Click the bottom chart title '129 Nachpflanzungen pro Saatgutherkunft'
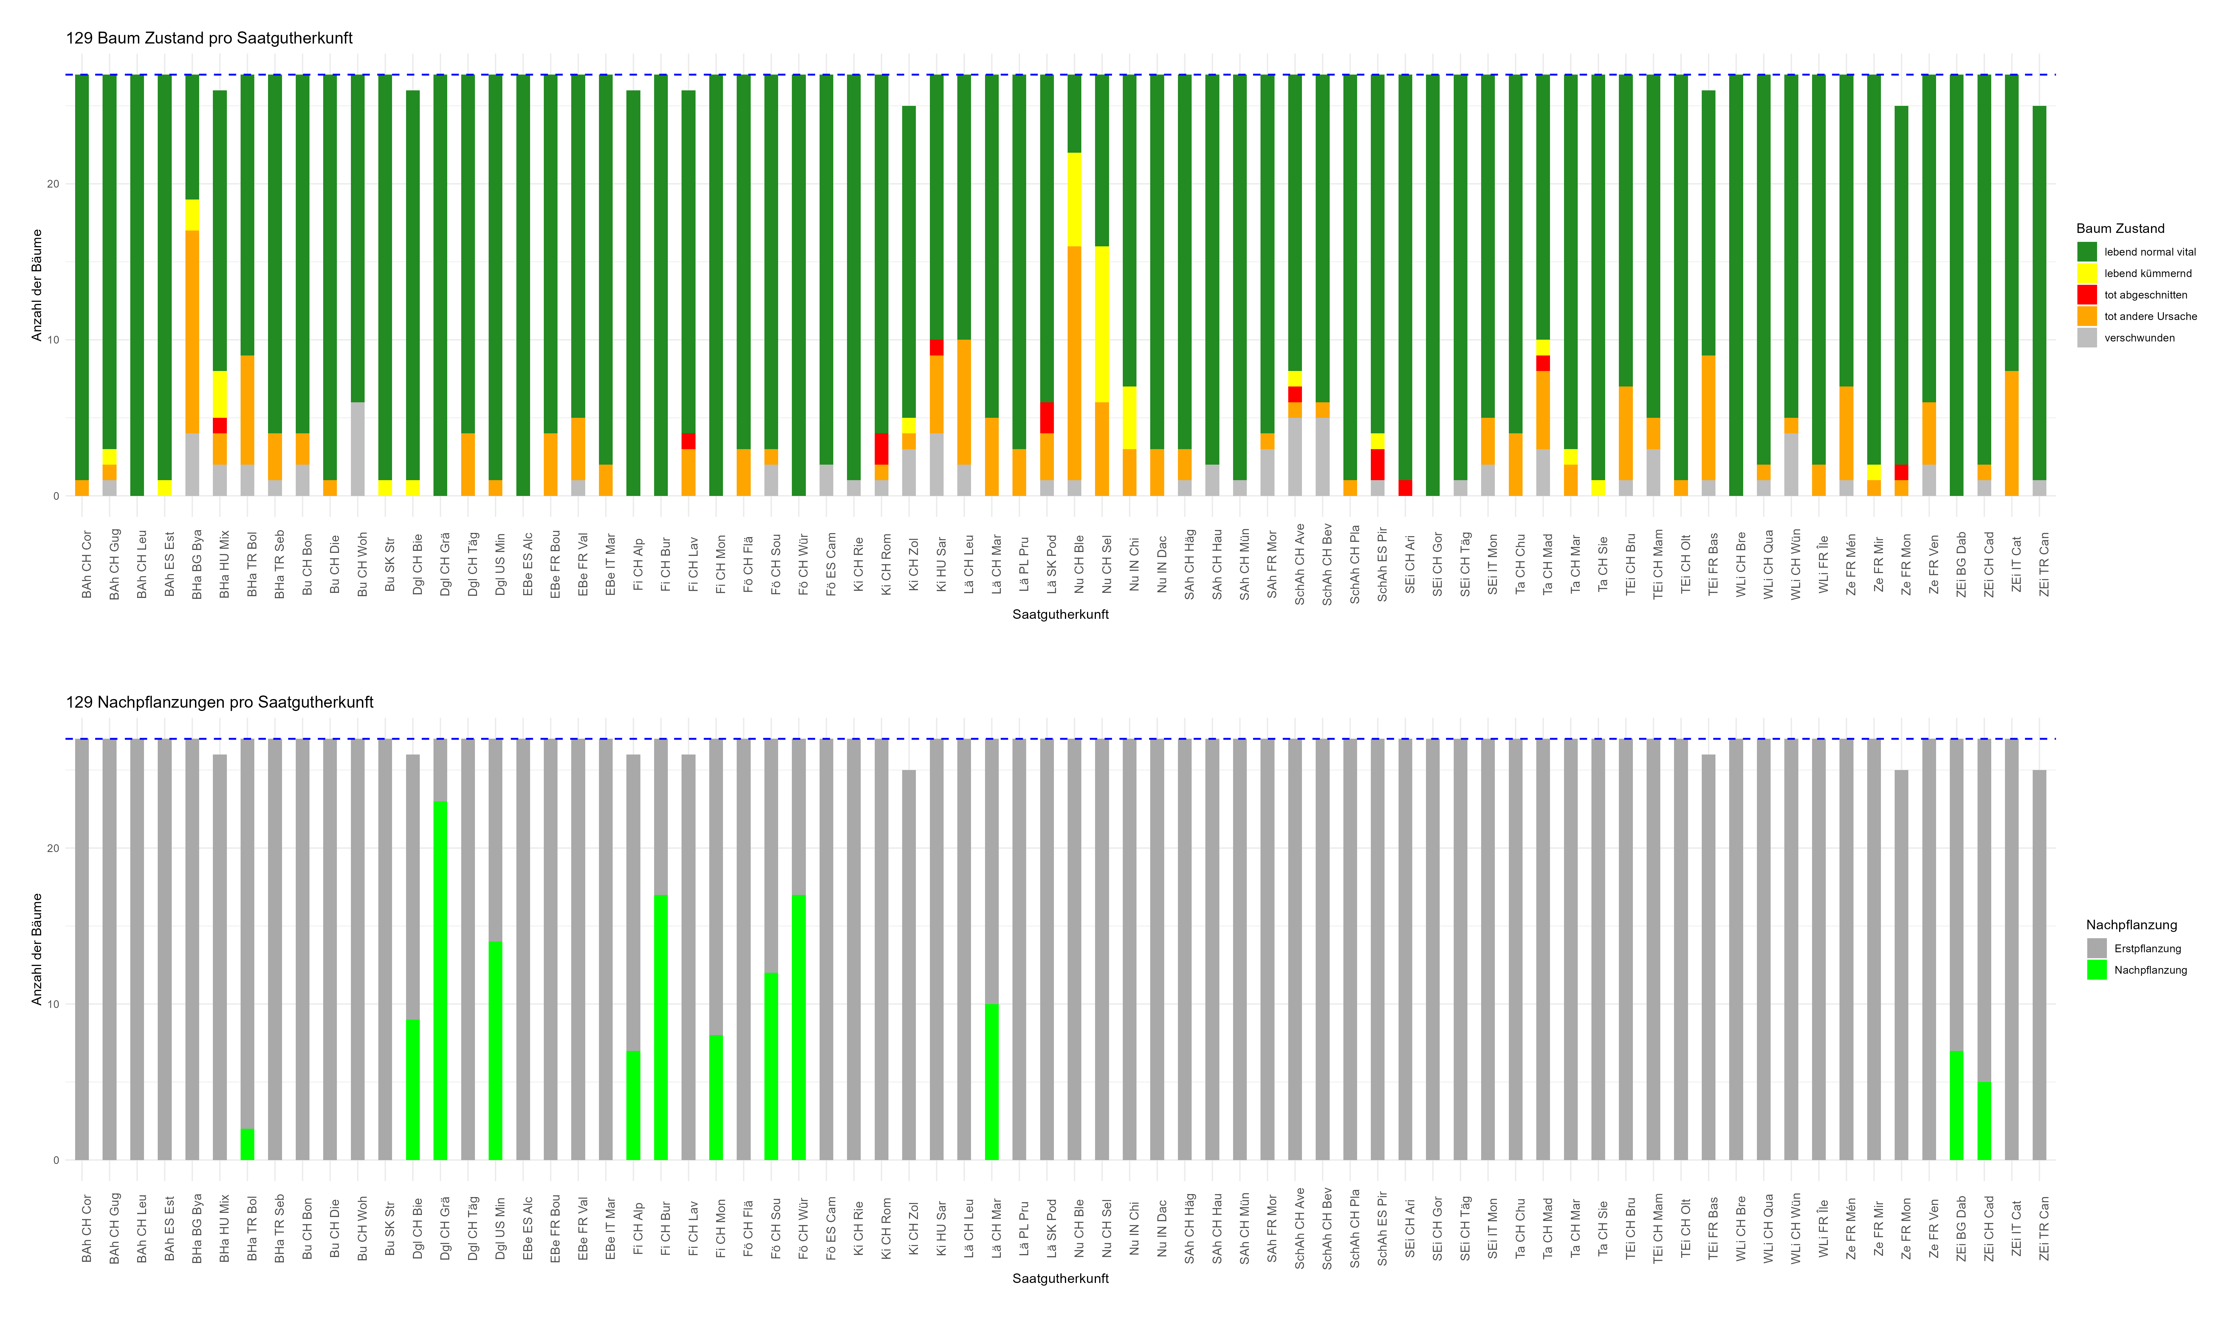[220, 702]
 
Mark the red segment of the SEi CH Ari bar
[1405, 488]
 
